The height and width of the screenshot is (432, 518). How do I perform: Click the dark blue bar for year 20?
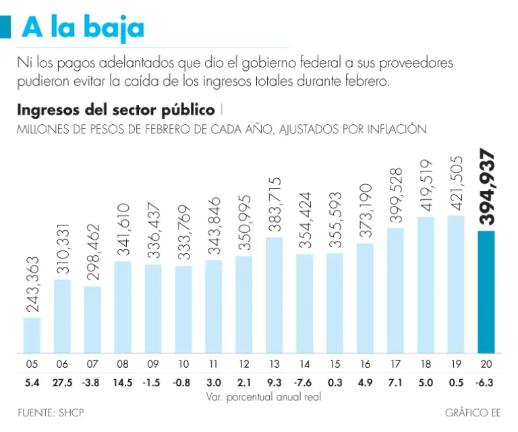coord(486,292)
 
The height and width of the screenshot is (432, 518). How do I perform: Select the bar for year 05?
coord(32,335)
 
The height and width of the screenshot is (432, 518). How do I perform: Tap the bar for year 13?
coord(275,295)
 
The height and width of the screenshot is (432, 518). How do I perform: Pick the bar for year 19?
coord(456,284)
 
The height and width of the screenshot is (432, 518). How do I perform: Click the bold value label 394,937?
coord(487,188)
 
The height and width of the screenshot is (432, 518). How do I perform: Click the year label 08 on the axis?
coord(123,364)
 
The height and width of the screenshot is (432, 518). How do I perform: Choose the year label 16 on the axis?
coord(365,364)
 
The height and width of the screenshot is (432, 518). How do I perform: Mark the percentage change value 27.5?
coord(63,382)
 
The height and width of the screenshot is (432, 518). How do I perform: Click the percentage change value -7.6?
coord(304,382)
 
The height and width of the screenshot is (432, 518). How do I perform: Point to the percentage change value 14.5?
coord(123,382)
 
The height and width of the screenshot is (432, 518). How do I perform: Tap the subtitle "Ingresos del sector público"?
coord(116,110)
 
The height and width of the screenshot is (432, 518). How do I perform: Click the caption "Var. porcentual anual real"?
coord(263,397)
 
